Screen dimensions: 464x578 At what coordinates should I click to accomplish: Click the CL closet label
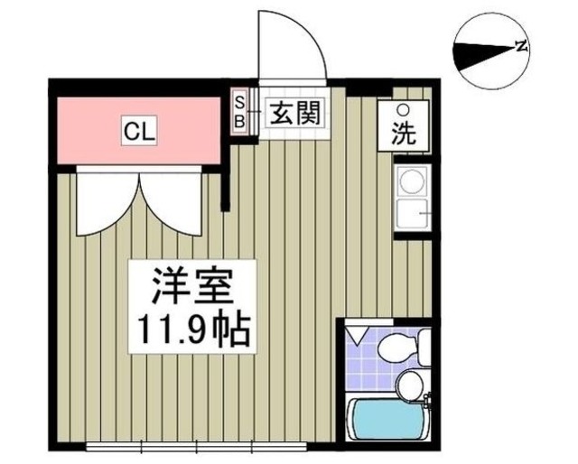(x=140, y=132)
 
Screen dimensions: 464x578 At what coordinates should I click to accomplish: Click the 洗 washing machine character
(x=403, y=134)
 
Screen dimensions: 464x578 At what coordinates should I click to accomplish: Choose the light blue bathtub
(x=390, y=421)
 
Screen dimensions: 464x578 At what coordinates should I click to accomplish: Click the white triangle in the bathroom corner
(x=358, y=336)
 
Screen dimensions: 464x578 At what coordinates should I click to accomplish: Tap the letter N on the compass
(x=520, y=47)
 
